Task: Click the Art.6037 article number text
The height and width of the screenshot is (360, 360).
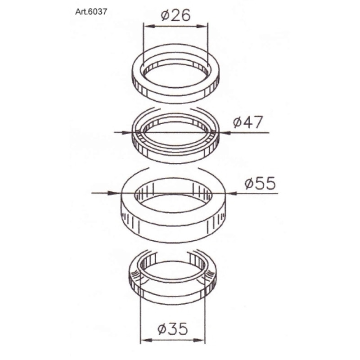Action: (x=91, y=12)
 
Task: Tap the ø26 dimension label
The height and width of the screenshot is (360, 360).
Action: (x=175, y=15)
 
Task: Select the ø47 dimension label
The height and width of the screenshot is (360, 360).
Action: (x=247, y=122)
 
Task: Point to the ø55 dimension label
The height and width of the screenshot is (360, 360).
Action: (x=260, y=184)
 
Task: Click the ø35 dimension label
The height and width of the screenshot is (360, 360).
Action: (x=173, y=328)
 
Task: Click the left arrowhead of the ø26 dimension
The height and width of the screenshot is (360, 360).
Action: (x=148, y=27)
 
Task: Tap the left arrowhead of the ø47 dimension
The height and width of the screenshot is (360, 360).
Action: (x=126, y=132)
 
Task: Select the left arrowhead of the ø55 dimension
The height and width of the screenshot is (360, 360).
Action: (x=113, y=193)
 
